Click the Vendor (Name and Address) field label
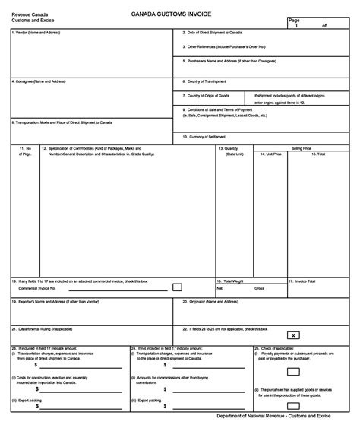click(x=35, y=33)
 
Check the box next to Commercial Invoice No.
click(x=177, y=287)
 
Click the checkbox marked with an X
click(x=293, y=335)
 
